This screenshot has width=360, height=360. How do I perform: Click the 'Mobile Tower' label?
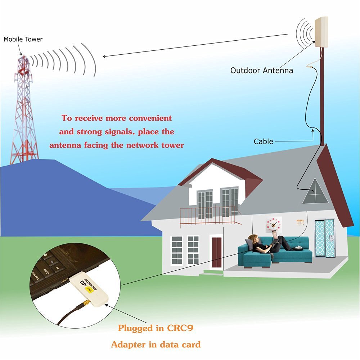click(23, 39)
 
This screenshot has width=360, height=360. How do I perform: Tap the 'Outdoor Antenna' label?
click(262, 71)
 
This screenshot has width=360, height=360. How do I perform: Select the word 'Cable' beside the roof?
click(264, 141)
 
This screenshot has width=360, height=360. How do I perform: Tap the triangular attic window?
click(315, 193)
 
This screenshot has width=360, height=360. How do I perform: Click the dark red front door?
click(216, 252)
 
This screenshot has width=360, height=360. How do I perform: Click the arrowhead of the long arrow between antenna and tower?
click(104, 56)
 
